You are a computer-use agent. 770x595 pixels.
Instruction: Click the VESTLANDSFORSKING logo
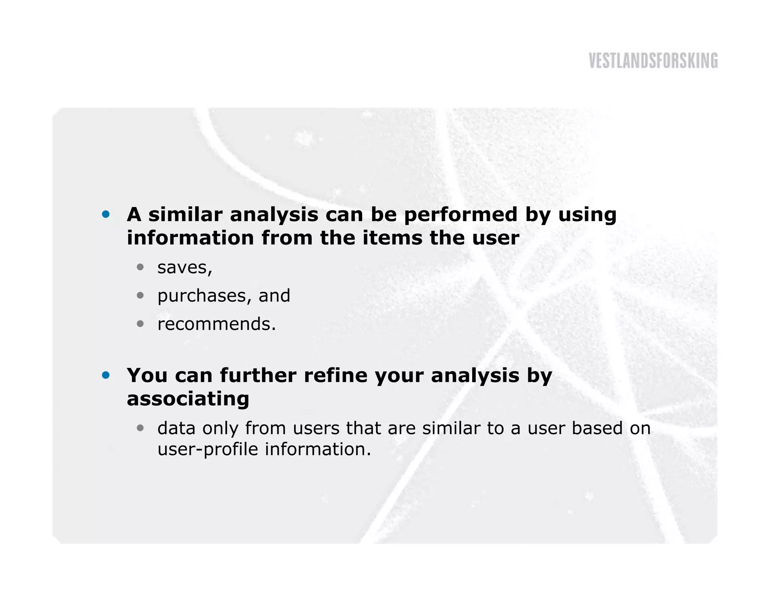coord(653,61)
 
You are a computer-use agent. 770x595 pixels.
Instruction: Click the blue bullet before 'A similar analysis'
coord(106,214)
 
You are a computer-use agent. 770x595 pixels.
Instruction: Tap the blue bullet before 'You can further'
coord(106,375)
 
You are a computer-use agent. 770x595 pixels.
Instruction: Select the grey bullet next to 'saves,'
coord(140,267)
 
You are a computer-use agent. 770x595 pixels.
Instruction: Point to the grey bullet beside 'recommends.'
coord(140,323)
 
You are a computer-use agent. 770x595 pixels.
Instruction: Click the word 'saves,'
coord(185,268)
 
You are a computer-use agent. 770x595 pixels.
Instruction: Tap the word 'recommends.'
coord(217,324)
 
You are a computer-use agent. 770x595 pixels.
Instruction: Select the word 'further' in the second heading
coord(258,375)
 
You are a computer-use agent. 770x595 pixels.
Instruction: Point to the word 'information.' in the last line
coord(318,449)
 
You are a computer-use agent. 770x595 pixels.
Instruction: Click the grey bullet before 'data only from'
coord(140,428)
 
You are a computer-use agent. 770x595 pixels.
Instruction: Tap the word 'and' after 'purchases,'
coord(274,296)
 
